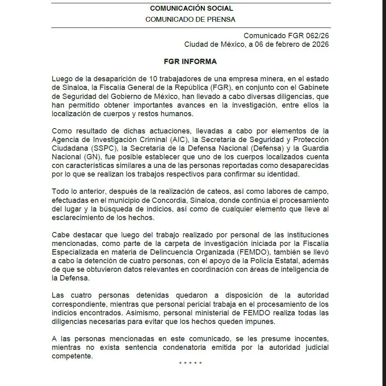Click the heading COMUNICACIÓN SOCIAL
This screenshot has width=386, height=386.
pos(191,8)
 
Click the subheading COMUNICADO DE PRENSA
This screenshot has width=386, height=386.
pos(190,19)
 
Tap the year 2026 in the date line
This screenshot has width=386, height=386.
pos(320,45)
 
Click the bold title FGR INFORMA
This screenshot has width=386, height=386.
pos(190,62)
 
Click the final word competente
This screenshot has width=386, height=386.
pos(72,356)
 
